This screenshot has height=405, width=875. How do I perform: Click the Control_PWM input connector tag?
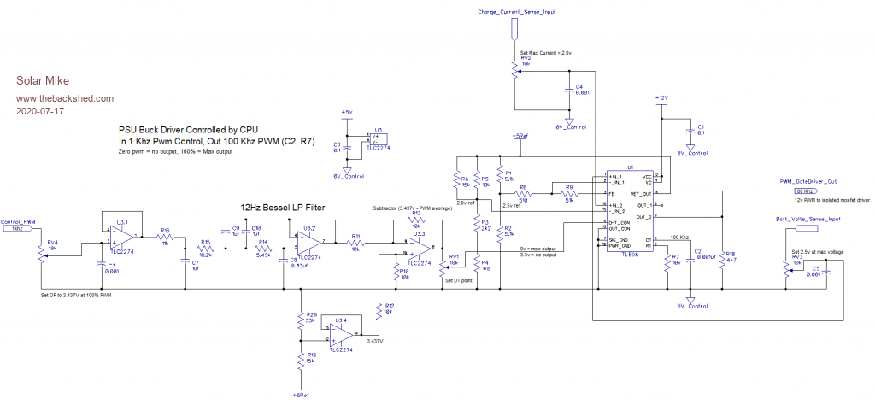18,230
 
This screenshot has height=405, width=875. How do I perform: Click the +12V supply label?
660,99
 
